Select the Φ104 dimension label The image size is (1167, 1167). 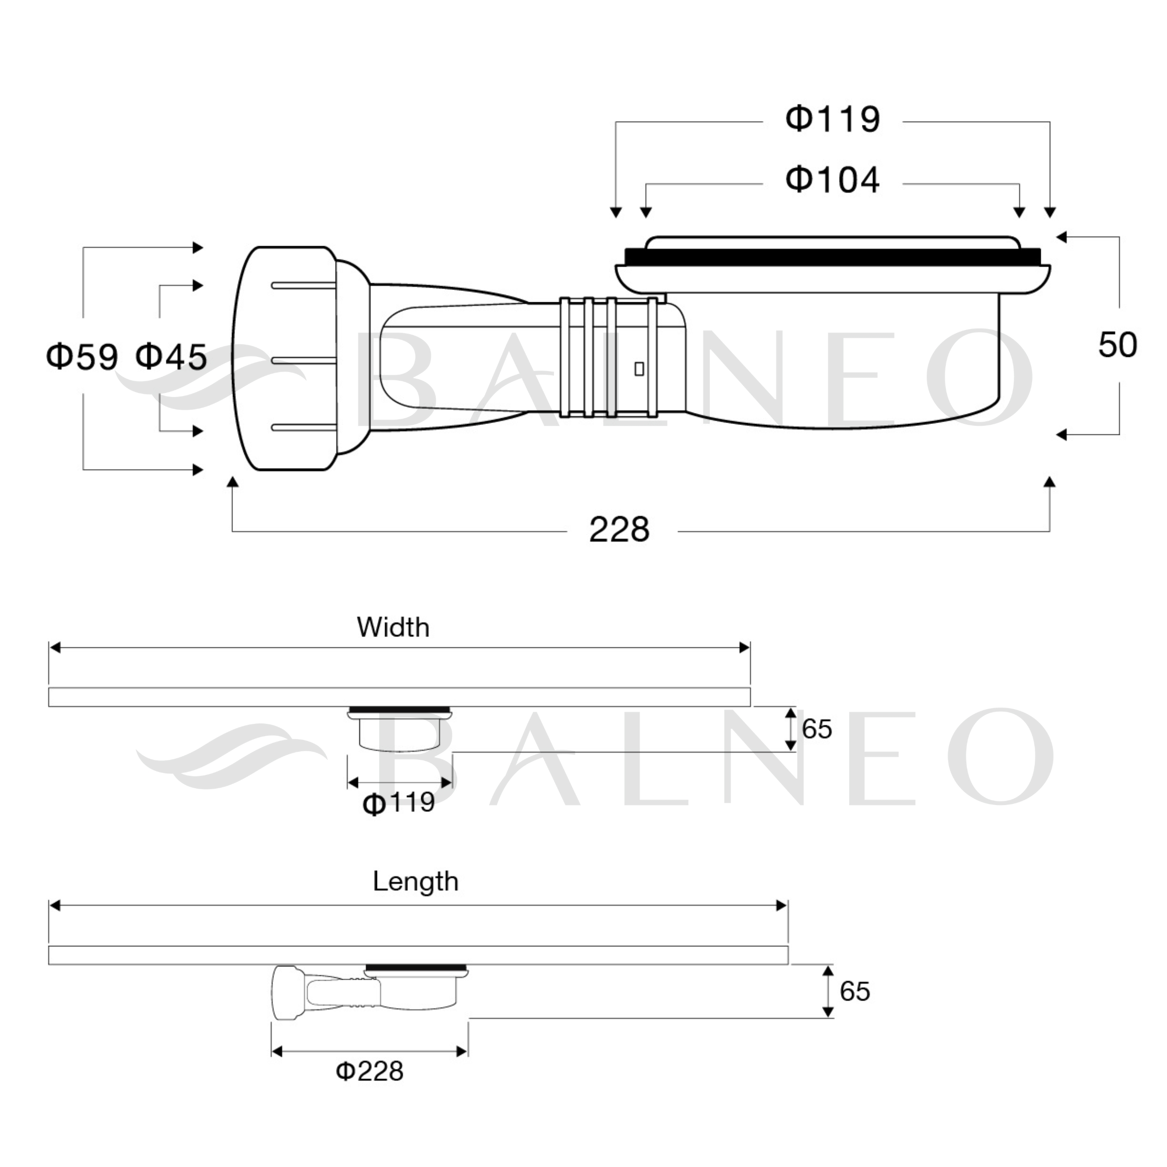click(x=832, y=180)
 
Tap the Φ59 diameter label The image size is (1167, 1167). click(x=82, y=356)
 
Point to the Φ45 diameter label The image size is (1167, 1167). click(x=171, y=356)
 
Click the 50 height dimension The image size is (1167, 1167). click(x=1117, y=345)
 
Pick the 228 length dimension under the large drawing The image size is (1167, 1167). click(x=619, y=530)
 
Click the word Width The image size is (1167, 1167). click(x=393, y=628)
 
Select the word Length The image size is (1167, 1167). click(x=416, y=882)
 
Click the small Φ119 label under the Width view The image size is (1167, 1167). click(x=399, y=803)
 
